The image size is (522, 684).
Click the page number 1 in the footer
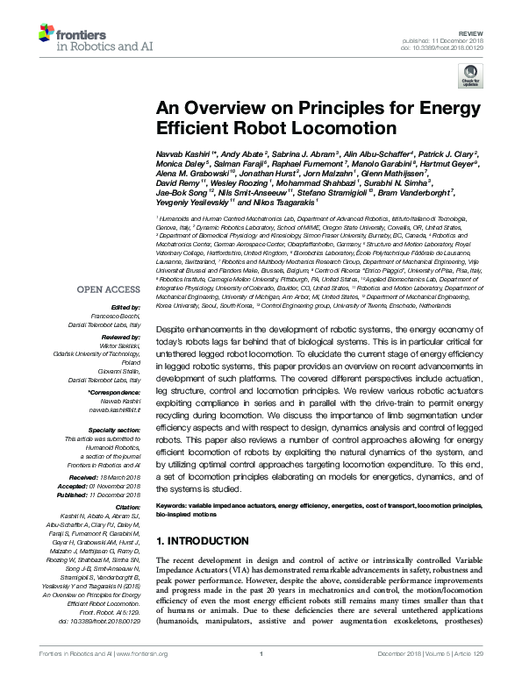(x=261, y=675)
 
